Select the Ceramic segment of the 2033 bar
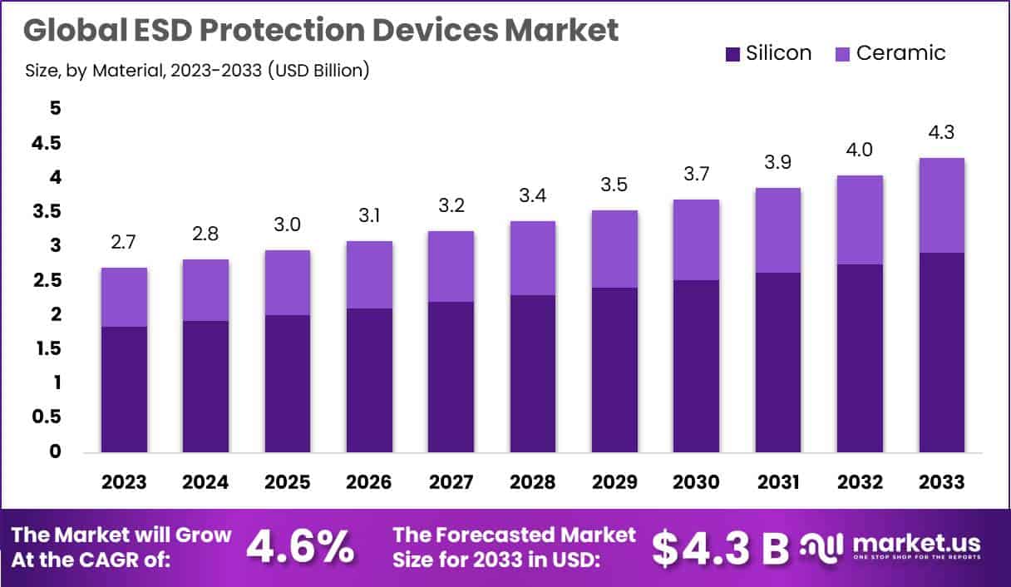941,205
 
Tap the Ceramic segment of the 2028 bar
533,258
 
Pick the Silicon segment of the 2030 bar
696,366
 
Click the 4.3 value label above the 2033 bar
941,133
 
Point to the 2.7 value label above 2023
124,243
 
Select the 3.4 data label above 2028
533,196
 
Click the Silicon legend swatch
732,54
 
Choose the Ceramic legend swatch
842,54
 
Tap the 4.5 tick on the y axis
47,143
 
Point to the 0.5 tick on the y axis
47,417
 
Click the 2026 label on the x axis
369,482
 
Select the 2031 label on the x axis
778,482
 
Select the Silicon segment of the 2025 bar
288,383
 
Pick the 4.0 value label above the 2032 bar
860,150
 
